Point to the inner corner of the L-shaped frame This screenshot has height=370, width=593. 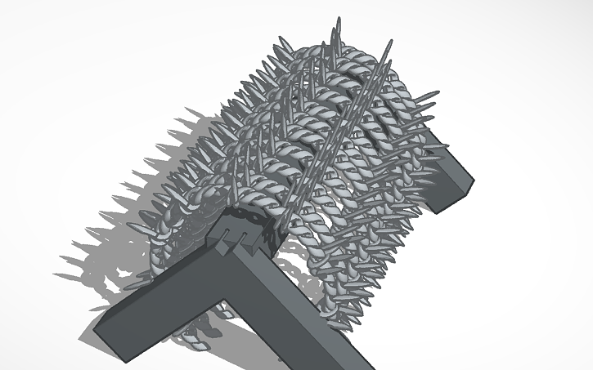point(226,303)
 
